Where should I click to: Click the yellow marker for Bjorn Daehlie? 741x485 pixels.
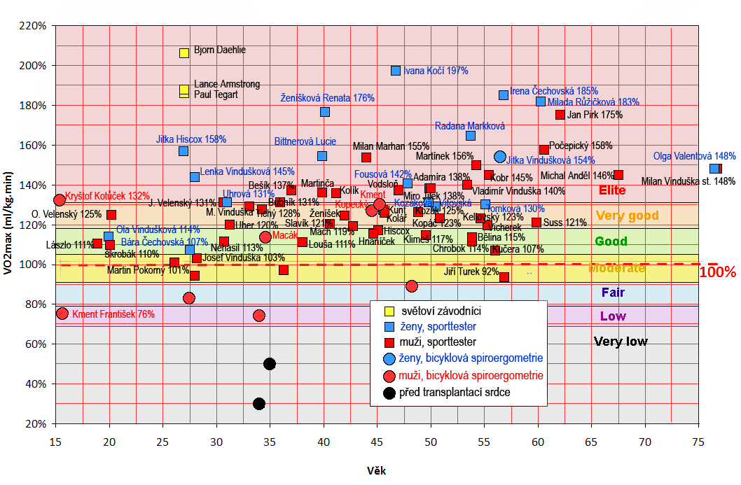point(184,52)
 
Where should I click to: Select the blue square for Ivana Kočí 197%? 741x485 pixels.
point(396,71)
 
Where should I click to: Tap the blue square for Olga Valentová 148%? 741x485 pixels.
point(714,169)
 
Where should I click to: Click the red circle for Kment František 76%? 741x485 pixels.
point(62,314)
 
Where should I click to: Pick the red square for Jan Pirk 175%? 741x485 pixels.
point(560,115)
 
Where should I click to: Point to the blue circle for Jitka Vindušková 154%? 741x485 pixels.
point(500,157)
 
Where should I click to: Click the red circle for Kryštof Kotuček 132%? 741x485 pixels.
point(60,200)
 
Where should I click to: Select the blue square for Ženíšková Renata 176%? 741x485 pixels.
point(325,112)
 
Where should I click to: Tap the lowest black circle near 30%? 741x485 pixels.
point(259,404)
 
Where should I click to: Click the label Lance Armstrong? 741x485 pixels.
point(226,84)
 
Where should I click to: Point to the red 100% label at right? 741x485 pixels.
point(718,272)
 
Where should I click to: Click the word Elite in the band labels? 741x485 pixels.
point(612,190)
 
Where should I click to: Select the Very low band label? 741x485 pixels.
point(621,342)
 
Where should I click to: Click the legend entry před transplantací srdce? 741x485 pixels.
point(455,393)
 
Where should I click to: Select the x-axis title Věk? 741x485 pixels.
point(376,471)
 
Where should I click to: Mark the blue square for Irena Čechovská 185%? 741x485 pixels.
point(504,95)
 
